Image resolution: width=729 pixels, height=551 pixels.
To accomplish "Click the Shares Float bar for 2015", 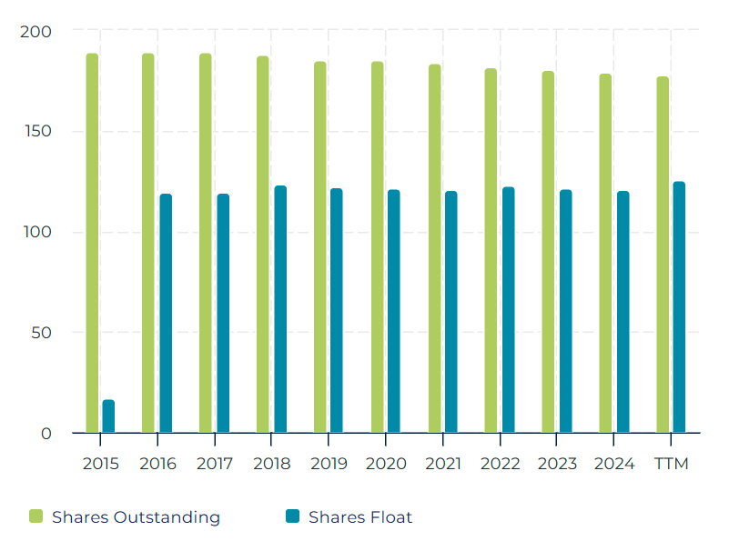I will pos(108,416).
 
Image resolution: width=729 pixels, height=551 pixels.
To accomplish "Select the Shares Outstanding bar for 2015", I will pos(92,243).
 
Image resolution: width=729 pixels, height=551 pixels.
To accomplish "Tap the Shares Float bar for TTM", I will pos(679,307).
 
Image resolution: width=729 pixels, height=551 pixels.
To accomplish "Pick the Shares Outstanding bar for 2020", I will pos(377,247).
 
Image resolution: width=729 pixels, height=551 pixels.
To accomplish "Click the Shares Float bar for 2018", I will pos(280,309).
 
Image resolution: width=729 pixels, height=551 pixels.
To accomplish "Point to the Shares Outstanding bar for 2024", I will pos(605,253).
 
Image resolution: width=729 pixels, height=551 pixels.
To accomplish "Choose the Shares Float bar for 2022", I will pos(508,310).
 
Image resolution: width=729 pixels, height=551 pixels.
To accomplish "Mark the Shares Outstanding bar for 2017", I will pos(206,243).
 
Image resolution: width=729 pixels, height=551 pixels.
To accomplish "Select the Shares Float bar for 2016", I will pos(166,314).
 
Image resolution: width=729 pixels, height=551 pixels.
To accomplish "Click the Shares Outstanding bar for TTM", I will pos(663,255).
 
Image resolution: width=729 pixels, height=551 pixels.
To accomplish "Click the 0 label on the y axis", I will pos(46,434).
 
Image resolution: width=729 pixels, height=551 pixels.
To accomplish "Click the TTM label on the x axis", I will pos(672,464).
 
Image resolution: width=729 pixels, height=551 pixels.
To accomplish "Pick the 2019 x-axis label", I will pos(329,464).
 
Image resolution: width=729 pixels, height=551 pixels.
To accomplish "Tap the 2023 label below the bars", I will pos(557,464).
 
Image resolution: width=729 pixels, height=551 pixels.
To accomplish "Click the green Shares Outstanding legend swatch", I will pos(36,517).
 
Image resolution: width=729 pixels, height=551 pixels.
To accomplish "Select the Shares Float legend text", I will pos(360,517).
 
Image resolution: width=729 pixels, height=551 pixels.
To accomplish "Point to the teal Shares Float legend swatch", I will pos(292,517).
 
